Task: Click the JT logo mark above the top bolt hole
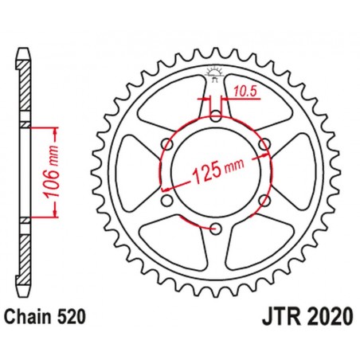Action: (x=215, y=74)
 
